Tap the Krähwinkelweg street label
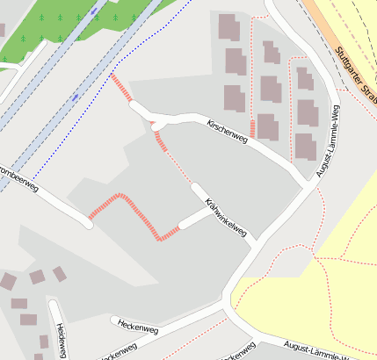(224, 218)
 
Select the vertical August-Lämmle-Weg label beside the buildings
(327, 141)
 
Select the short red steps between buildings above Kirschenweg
(252, 128)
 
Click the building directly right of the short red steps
(267, 127)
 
